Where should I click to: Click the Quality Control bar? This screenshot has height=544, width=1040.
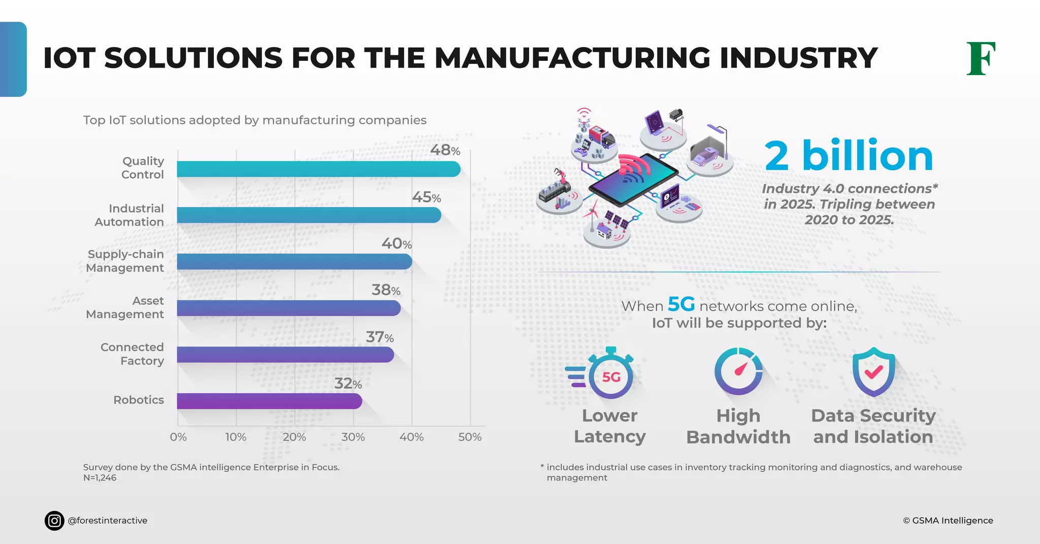coord(318,169)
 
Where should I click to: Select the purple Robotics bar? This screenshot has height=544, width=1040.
coord(269,401)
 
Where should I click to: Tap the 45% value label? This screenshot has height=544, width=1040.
coord(426,197)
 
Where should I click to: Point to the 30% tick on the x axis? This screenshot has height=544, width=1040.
coord(353,437)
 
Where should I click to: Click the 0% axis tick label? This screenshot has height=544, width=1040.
coord(178,437)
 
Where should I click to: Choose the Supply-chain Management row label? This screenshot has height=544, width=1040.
coord(125,261)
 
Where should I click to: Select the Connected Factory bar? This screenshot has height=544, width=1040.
coord(285,354)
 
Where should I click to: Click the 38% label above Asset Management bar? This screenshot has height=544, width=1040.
coord(386,290)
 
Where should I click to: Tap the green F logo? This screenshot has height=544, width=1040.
coord(981,59)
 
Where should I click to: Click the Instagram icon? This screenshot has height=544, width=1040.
coord(54,521)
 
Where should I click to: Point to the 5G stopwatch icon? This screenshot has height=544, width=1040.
coord(610,376)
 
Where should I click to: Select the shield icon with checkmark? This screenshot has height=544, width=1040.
coord(873,372)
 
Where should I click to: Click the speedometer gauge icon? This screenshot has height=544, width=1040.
coord(738,371)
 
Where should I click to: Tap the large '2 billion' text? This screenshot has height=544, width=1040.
coord(849,156)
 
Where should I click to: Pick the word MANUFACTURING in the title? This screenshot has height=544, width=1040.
coord(572,58)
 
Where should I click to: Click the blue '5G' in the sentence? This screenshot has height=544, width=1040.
coord(681,304)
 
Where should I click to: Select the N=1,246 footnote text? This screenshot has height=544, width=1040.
coord(100,478)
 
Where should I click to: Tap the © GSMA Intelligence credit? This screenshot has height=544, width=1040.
coord(948,521)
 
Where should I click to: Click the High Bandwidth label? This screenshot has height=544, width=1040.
coord(738,426)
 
